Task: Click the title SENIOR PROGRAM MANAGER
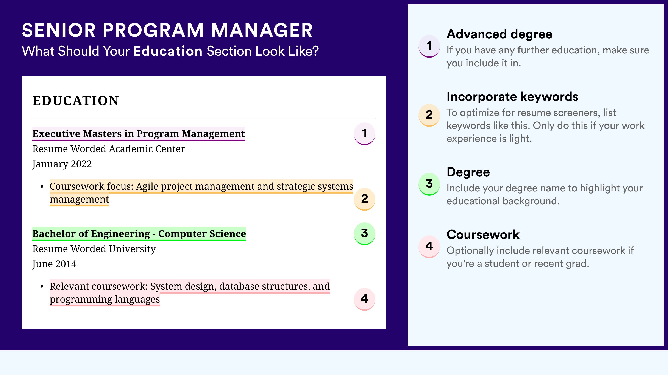[x=167, y=30]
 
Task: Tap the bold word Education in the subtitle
[x=168, y=51]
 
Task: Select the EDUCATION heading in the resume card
[x=75, y=101]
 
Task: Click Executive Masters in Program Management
[x=139, y=134]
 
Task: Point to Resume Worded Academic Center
[x=109, y=149]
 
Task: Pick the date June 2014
[x=55, y=264]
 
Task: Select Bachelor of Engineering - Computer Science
[x=139, y=234]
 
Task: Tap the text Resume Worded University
[x=94, y=249]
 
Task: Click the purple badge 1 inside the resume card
[x=364, y=133]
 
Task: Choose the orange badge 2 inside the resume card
[x=364, y=199]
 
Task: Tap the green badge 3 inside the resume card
[x=364, y=233]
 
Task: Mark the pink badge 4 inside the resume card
[x=364, y=299]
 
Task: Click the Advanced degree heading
[x=499, y=34]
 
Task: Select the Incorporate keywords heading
[x=512, y=97]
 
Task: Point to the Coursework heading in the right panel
[x=483, y=234]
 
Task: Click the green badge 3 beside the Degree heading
[x=429, y=184]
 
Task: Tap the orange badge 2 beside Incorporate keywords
[x=429, y=115]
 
